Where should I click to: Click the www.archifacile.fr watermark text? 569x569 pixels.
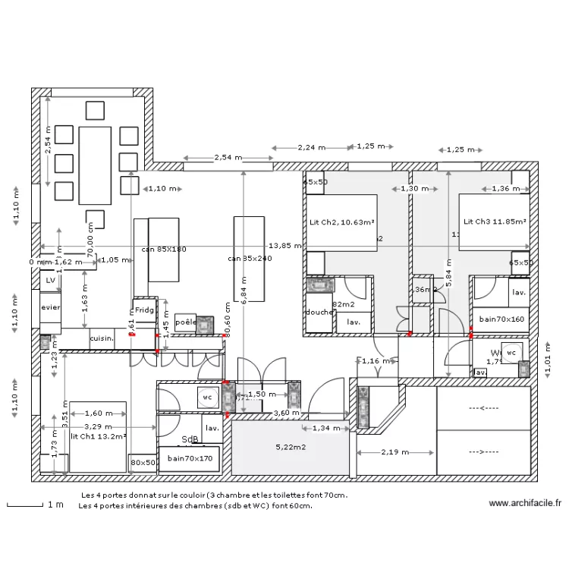pyautogui.click(x=525, y=502)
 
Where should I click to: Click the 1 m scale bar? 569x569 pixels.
pyautogui.click(x=24, y=504)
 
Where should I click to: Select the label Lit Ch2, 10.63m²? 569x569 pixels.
pyautogui.click(x=342, y=222)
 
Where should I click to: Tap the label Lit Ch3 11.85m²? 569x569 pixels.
pyautogui.click(x=494, y=222)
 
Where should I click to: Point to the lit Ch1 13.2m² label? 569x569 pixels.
pyautogui.click(x=98, y=436)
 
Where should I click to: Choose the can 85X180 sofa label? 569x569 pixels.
pyautogui.click(x=164, y=249)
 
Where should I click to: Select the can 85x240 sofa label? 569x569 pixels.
pyautogui.click(x=250, y=259)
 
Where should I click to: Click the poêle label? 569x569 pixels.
pyautogui.click(x=185, y=322)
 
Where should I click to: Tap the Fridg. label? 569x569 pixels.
pyautogui.click(x=144, y=310)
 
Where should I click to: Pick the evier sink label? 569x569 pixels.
pyautogui.click(x=51, y=307)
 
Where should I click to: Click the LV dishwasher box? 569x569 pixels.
pyautogui.click(x=51, y=280)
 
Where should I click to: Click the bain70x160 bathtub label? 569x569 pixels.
pyautogui.click(x=501, y=319)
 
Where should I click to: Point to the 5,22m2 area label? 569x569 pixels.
pyautogui.click(x=290, y=448)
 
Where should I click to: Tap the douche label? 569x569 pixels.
pyautogui.click(x=319, y=312)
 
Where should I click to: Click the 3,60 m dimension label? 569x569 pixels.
pyautogui.click(x=287, y=413)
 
